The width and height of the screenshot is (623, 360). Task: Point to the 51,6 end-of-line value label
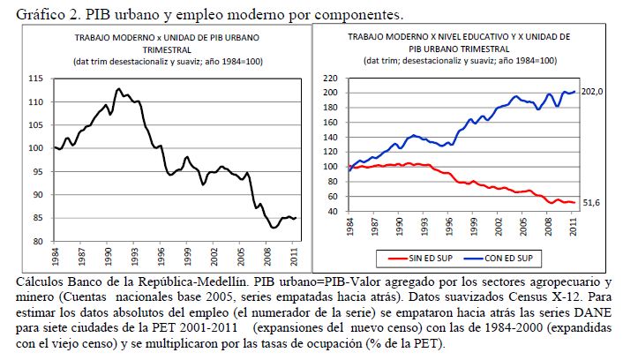coord(590,202)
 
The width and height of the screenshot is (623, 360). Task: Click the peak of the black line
coord(118,88)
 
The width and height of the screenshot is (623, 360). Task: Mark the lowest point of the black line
coord(274,228)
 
